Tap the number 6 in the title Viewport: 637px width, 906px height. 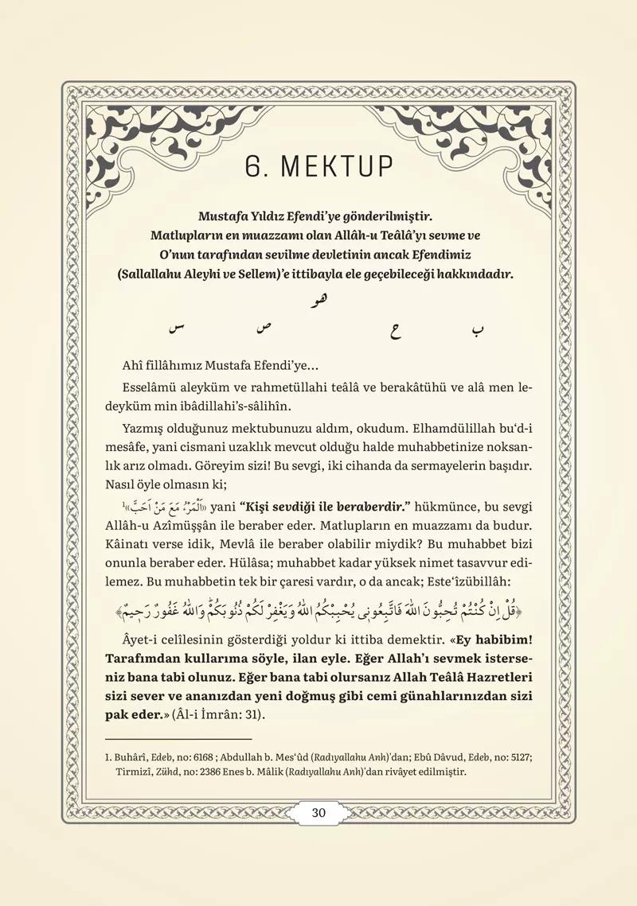pyautogui.click(x=253, y=167)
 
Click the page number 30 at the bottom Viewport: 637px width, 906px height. pyautogui.click(x=318, y=813)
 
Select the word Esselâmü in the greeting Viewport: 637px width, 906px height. pyautogui.click(x=151, y=387)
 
